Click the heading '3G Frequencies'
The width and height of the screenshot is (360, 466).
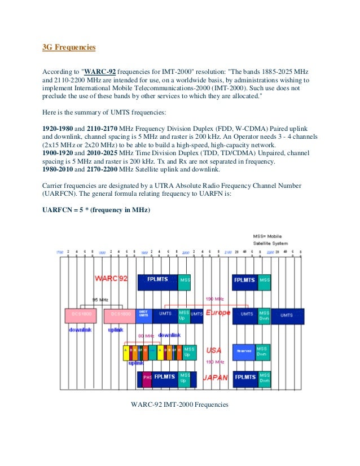pyautogui.click(x=69, y=47)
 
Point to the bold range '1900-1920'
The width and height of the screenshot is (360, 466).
pyautogui.click(x=57, y=153)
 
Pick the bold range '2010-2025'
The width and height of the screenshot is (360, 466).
pyautogui.click(x=103, y=153)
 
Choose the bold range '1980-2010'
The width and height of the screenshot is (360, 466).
pyautogui.click(x=57, y=169)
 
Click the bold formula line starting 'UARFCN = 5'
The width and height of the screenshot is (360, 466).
pyautogui.click(x=96, y=210)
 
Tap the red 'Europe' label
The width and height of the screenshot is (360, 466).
pyautogui.click(x=218, y=312)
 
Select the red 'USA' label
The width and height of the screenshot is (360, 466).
pyautogui.click(x=214, y=350)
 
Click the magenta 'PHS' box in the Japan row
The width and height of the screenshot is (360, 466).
pyautogui.click(x=147, y=377)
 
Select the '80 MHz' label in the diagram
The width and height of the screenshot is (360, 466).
pyautogui.click(x=146, y=336)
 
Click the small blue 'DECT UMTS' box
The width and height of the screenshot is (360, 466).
pyautogui.click(x=144, y=315)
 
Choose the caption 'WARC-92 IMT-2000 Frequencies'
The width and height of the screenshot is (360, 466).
pyautogui.click(x=179, y=404)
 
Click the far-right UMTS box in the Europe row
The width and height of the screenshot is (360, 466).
pyautogui.click(x=287, y=315)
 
